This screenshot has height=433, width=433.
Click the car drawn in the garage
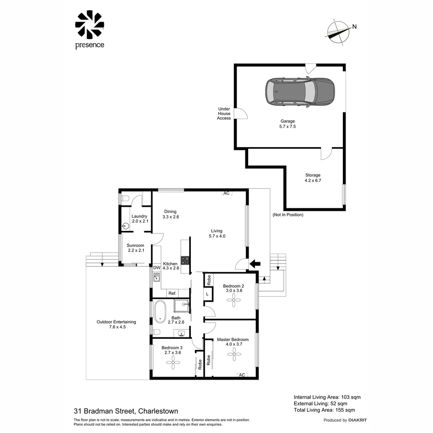300,91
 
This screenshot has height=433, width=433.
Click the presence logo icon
89,25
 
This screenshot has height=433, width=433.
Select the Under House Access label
224,113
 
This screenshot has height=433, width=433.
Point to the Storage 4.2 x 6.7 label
313,178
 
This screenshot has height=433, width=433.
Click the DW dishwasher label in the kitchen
156,268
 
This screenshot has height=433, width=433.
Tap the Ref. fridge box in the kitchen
172,293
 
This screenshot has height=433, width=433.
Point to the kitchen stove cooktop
185,260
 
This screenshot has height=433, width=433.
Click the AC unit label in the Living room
227,193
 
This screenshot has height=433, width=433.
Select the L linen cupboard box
207,294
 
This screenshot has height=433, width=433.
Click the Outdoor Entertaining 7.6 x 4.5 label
116,324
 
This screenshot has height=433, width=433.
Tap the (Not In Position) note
287,215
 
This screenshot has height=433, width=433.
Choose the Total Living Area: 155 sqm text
324,410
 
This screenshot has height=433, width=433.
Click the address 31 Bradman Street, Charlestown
126,411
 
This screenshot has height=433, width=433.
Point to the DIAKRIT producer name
358,420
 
